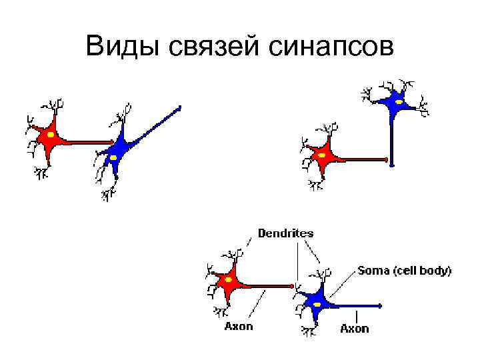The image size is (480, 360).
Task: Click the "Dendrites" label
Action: (286, 233)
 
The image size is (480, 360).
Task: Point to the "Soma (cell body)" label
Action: (404, 271)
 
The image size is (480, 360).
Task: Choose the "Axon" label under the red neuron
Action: (239, 327)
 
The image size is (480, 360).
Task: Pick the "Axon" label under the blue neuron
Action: (355, 328)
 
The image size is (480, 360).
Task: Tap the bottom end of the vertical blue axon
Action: (392, 163)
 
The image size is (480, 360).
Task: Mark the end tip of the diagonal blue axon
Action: (179, 108)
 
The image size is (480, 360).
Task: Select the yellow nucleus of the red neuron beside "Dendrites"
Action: (229, 280)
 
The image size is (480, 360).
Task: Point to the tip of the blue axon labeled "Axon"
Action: (380, 306)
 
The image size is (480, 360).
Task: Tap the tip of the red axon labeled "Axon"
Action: (291, 287)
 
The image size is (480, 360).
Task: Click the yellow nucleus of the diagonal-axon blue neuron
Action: (114, 157)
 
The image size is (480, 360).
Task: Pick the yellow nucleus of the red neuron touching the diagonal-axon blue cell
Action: (51, 135)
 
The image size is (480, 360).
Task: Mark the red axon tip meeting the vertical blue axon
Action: (386, 159)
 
